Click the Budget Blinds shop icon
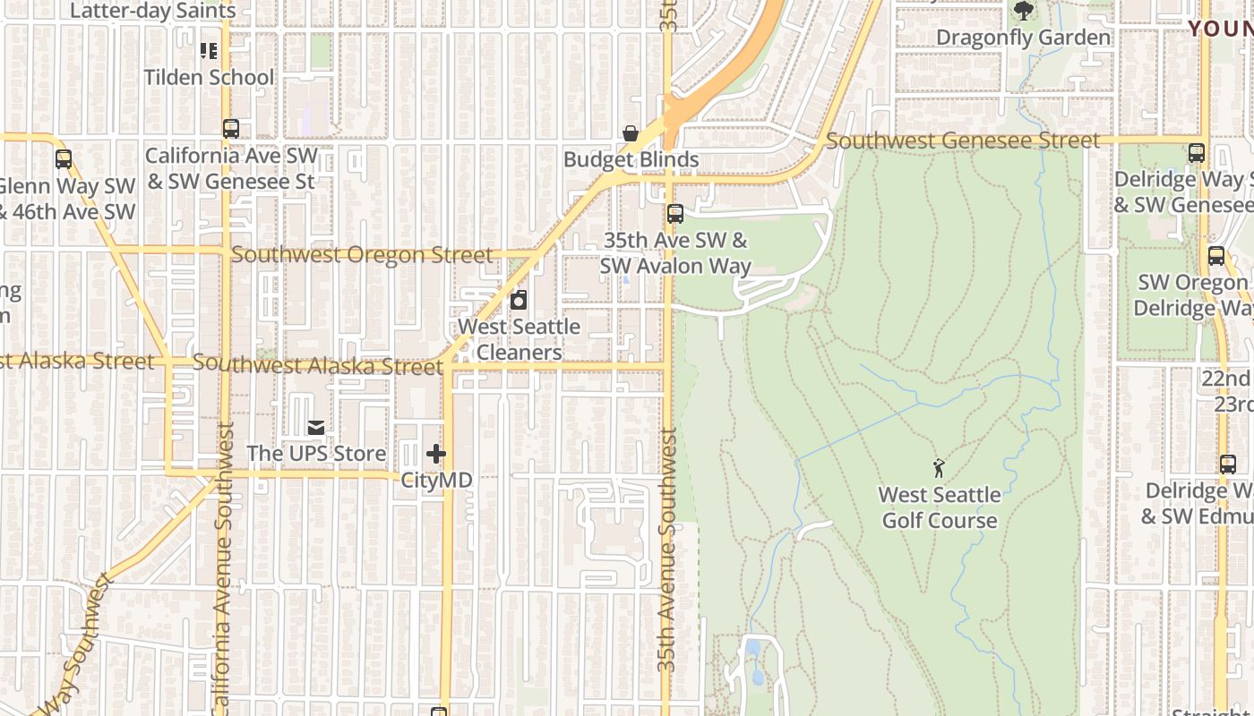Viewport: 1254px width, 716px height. (x=631, y=133)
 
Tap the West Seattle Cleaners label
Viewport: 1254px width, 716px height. (x=519, y=339)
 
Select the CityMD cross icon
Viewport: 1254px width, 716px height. (x=436, y=454)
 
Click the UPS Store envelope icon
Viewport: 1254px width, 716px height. (x=315, y=428)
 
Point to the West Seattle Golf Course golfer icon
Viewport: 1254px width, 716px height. (x=939, y=467)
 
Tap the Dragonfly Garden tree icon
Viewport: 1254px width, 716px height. (x=1023, y=12)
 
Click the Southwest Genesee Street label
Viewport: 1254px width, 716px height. (x=962, y=141)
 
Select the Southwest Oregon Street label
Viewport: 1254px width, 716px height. (x=362, y=255)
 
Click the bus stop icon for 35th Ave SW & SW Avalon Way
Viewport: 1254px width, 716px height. (x=675, y=214)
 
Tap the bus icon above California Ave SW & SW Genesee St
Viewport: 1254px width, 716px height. (x=231, y=129)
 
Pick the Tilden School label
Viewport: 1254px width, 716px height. (x=210, y=77)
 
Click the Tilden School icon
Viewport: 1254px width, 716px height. (x=209, y=50)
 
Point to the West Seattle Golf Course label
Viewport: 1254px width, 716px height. (x=940, y=507)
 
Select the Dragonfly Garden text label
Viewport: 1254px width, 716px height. (x=1023, y=38)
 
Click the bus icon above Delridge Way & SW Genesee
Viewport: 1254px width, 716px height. (x=1197, y=153)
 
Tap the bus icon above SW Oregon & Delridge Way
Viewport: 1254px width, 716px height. (x=1216, y=256)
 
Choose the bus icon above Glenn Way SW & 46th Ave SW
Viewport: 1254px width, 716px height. (x=64, y=159)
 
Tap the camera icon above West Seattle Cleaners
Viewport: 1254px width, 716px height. (x=519, y=300)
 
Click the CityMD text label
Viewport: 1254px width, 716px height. (x=436, y=480)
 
